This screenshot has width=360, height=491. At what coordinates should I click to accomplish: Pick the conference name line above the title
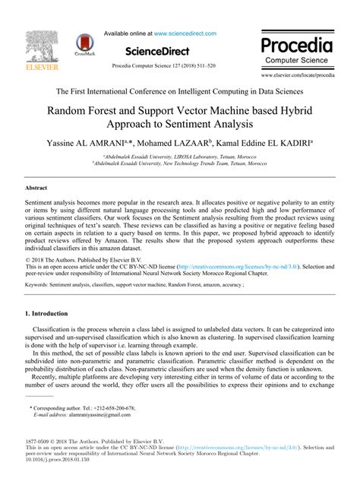(180, 90)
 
